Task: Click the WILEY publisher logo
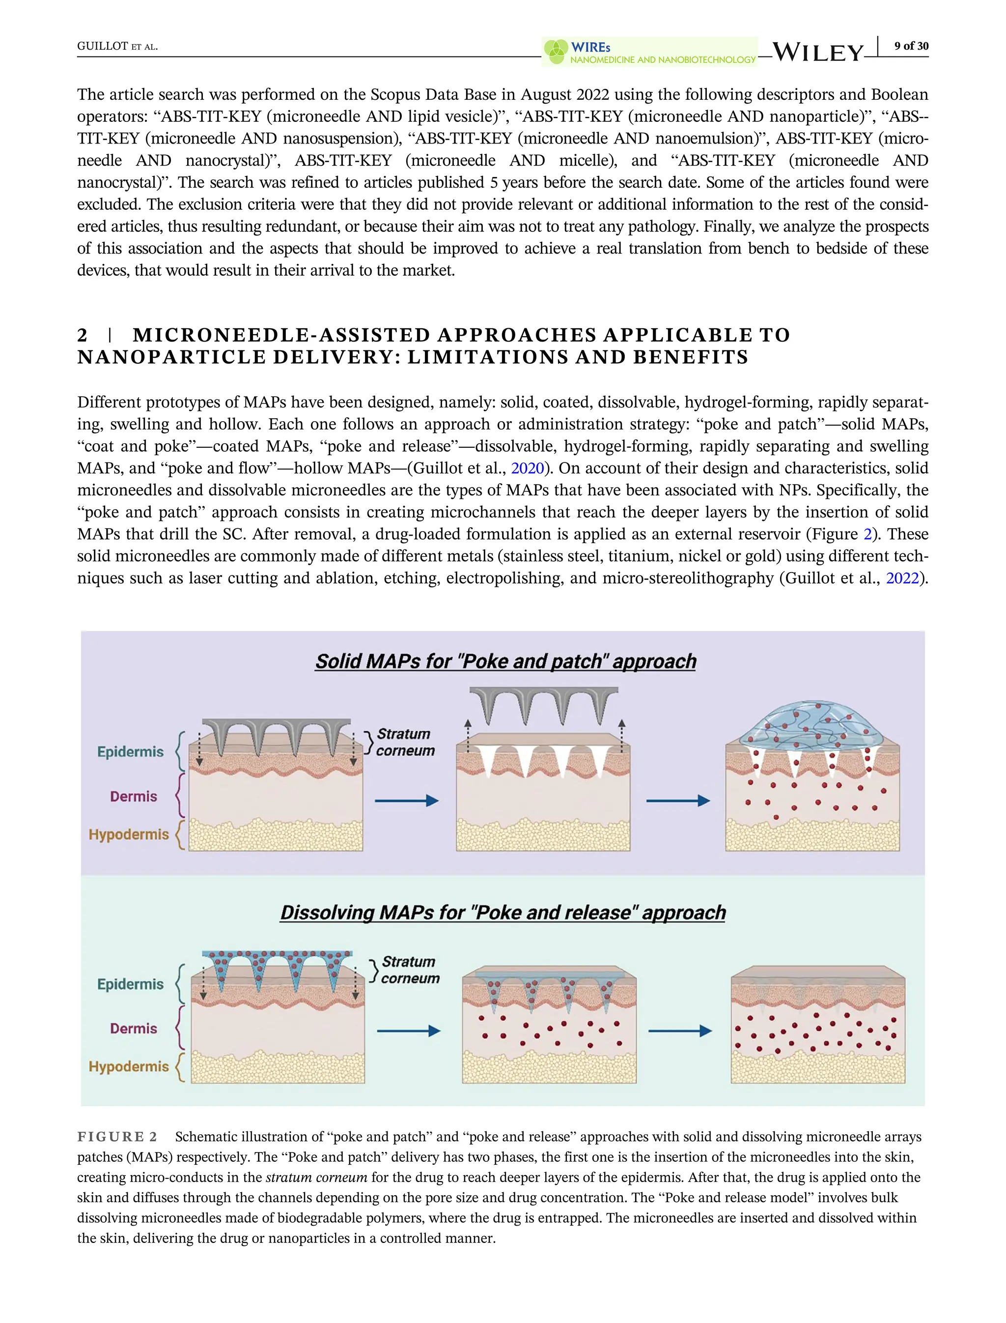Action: click(x=818, y=52)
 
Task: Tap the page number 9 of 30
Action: click(x=911, y=46)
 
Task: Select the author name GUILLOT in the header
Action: click(x=102, y=47)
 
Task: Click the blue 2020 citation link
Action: click(x=527, y=468)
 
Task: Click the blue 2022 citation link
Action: click(x=902, y=578)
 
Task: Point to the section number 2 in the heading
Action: click(x=83, y=335)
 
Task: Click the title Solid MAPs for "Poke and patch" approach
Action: click(x=506, y=661)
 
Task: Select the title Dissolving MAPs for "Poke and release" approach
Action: click(x=503, y=913)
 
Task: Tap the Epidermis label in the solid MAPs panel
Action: click(x=130, y=751)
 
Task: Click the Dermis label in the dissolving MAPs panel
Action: click(x=133, y=1028)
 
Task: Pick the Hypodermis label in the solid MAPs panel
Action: click(x=129, y=834)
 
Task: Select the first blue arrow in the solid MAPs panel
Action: click(x=407, y=801)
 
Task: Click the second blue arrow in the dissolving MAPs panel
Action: click(x=680, y=1031)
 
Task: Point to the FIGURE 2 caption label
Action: click(x=117, y=1137)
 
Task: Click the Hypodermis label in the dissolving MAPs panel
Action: click(x=129, y=1066)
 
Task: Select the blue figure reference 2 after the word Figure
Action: click(x=867, y=535)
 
